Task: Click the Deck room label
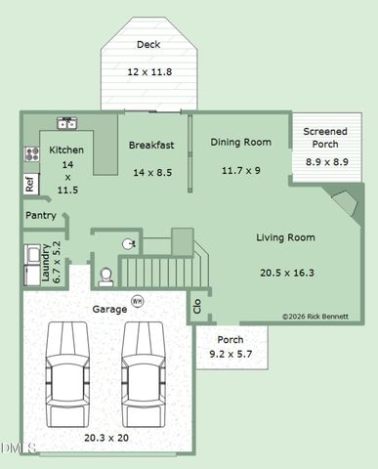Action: click(x=148, y=45)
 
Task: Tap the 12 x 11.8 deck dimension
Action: click(x=148, y=71)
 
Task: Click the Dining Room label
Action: click(x=240, y=142)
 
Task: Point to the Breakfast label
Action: click(x=151, y=146)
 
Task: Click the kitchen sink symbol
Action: click(x=67, y=123)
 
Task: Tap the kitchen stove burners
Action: click(x=31, y=153)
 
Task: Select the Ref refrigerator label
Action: click(x=30, y=183)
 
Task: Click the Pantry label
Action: click(x=40, y=215)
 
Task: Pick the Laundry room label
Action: click(x=45, y=262)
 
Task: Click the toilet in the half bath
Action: click(x=105, y=277)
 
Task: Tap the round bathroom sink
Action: click(x=127, y=243)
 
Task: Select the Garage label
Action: click(x=108, y=309)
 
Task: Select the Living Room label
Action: click(x=285, y=237)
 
